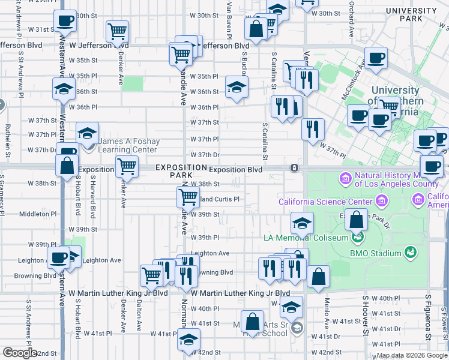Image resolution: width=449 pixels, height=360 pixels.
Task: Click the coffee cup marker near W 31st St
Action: coord(65,21)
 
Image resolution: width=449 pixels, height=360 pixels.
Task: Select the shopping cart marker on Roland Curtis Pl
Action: coord(188,196)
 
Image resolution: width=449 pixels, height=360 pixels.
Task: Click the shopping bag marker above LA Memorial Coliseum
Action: coord(357,221)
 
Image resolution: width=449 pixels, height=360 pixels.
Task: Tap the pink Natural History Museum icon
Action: coord(345,178)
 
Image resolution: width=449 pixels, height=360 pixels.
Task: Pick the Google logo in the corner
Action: coord(20,353)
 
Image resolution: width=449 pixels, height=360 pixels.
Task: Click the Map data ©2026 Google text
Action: coord(412,355)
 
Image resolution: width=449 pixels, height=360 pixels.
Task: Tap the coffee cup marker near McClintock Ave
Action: coord(376,58)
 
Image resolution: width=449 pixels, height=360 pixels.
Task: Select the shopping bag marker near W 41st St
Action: coord(252,321)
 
